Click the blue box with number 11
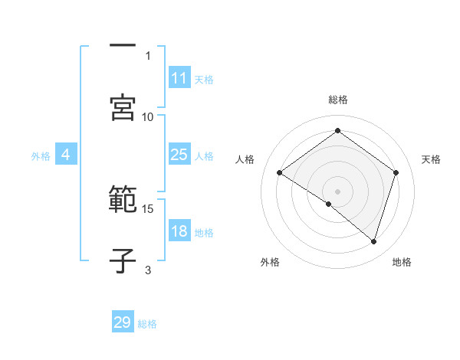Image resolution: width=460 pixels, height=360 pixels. click(x=179, y=78)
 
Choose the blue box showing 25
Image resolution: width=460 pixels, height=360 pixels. click(x=179, y=155)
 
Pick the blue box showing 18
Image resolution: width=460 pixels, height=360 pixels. click(x=179, y=231)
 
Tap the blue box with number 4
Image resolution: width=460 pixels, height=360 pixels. click(x=66, y=155)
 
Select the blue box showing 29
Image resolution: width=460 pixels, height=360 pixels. click(x=123, y=322)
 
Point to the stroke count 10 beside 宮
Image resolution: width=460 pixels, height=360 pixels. click(x=148, y=116)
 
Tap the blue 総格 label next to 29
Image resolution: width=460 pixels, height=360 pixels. click(x=147, y=324)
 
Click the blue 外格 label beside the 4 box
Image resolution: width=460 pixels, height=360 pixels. click(x=41, y=156)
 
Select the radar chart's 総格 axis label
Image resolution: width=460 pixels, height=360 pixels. click(x=337, y=100)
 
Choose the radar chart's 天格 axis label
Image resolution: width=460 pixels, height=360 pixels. click(x=431, y=159)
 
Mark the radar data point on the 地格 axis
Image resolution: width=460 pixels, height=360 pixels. click(x=374, y=241)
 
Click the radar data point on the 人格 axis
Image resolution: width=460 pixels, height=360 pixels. click(x=280, y=173)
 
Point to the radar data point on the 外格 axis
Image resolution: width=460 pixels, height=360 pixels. click(x=329, y=204)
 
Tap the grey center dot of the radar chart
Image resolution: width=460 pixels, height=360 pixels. click(x=337, y=191)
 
